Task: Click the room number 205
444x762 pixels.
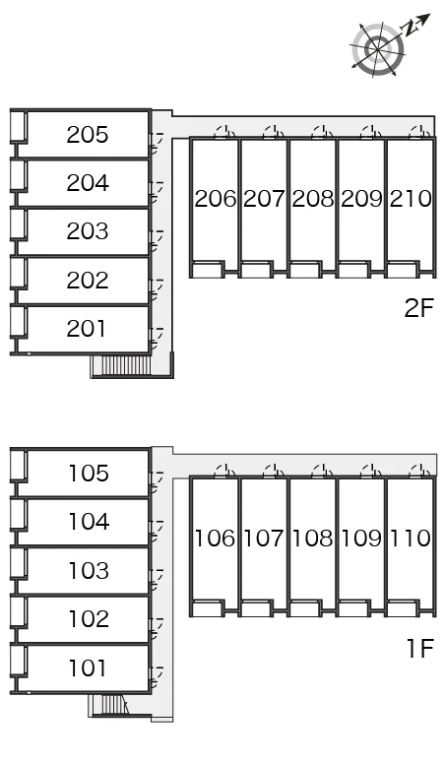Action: coord(88,135)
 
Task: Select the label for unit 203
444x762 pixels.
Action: coord(88,231)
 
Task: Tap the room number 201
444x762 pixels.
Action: coord(87,329)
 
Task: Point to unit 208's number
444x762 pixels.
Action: coord(313,198)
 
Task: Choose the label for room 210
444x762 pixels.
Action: coord(411,198)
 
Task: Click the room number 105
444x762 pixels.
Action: coord(89,474)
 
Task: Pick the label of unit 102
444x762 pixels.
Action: coord(89,619)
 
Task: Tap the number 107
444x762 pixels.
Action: coord(263,538)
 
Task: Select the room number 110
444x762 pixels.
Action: coord(410,538)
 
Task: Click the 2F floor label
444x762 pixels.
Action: coord(418,308)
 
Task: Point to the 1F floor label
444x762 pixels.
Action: coord(419,648)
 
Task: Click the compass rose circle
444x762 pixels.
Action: coord(378,49)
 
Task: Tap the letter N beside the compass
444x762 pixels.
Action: coord(411,29)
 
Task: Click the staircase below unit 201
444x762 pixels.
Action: coord(121,365)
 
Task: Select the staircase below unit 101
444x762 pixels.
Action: coord(110,704)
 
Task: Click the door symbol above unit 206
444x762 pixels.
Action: coord(224,132)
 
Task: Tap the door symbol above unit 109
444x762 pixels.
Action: coord(371,472)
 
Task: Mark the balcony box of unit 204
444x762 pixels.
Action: coord(18,174)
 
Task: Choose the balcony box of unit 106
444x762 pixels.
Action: coord(208,609)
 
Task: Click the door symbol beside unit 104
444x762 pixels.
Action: coord(157,531)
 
